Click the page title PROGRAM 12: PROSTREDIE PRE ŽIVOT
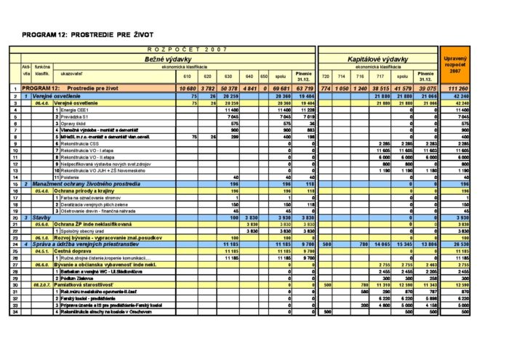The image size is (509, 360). point(87,34)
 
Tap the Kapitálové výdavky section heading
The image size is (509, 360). point(377,58)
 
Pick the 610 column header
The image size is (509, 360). point(188,76)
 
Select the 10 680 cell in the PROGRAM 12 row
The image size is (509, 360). point(187,88)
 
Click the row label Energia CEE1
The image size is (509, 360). point(76,110)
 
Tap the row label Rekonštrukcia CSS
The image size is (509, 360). point(84,144)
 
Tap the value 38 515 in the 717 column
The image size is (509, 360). point(380,88)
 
